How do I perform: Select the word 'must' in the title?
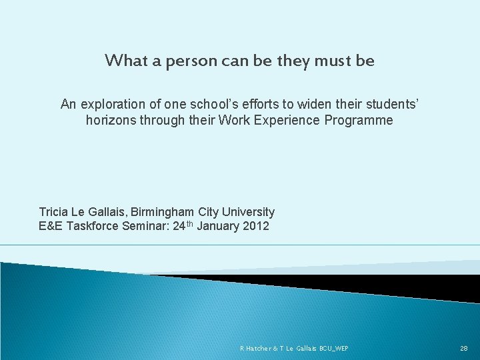331,61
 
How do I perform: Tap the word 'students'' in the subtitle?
390,104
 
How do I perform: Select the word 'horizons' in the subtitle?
111,121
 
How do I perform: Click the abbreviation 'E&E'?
50,226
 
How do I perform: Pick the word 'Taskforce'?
90,226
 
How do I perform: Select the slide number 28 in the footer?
464,349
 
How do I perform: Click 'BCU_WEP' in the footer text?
333,349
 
